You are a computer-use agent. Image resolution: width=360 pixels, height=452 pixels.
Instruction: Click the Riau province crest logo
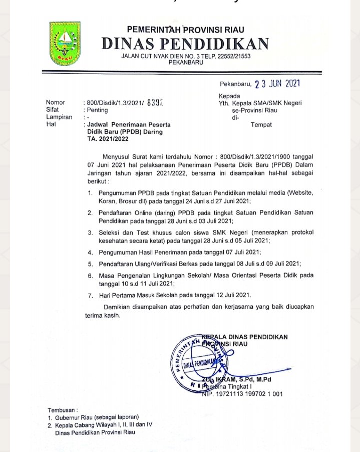click(65, 44)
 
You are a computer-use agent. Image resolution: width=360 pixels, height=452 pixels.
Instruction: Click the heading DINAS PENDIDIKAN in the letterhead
click(185, 44)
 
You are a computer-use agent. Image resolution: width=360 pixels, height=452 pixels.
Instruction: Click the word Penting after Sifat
click(97, 110)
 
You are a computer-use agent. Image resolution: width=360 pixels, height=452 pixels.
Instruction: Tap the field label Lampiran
click(59, 117)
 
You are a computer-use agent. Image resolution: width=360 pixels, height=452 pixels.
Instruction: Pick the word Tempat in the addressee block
click(261, 125)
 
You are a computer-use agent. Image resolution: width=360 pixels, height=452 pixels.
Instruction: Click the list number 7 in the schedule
click(90, 295)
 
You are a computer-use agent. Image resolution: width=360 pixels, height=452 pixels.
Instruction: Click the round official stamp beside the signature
click(200, 362)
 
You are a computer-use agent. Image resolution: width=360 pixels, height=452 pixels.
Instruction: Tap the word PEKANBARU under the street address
click(186, 63)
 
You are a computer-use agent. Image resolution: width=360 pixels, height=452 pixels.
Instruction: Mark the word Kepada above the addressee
click(229, 96)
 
